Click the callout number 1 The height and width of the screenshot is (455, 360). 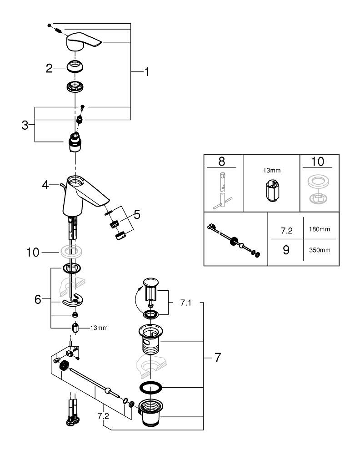[147, 72]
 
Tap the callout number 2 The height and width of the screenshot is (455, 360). [50, 68]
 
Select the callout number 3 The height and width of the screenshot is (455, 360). [25, 125]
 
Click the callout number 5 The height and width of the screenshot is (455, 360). [137, 214]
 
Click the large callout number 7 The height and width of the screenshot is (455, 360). [217, 358]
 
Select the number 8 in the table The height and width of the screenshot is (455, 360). [221, 161]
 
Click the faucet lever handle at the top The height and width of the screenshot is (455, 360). [83, 43]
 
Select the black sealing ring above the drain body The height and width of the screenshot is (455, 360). [150, 388]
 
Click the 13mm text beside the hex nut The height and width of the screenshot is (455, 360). [99, 328]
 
